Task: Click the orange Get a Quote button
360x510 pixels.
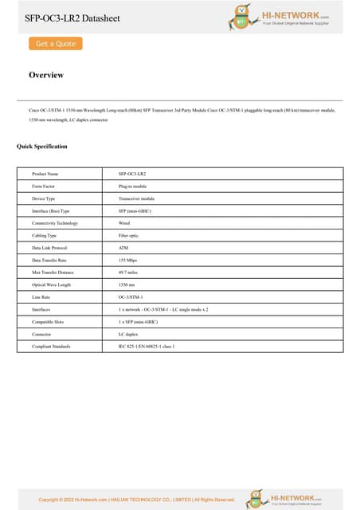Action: click(x=56, y=44)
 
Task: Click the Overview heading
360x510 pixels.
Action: click(x=46, y=75)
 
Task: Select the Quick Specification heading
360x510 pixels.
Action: click(x=42, y=147)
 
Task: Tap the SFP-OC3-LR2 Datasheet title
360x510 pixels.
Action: click(x=72, y=18)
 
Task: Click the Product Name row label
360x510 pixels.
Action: click(x=45, y=174)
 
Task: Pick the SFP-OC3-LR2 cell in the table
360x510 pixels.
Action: click(x=132, y=174)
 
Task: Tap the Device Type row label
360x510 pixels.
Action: click(x=44, y=198)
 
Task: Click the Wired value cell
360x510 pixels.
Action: click(x=124, y=223)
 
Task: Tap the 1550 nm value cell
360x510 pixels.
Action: click(x=127, y=285)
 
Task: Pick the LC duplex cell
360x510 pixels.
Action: click(x=128, y=335)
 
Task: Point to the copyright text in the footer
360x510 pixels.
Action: click(x=137, y=500)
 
